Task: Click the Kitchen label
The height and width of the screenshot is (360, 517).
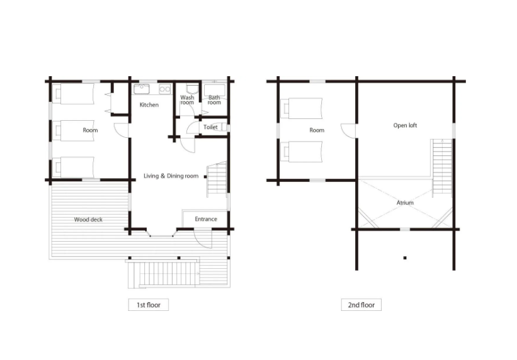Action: pyautogui.click(x=149, y=105)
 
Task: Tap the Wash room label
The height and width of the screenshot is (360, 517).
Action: pyautogui.click(x=187, y=100)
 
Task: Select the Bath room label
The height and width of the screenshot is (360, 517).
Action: pyautogui.click(x=214, y=100)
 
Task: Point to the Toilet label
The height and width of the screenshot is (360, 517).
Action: pyautogui.click(x=210, y=127)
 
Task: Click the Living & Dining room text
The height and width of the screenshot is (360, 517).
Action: pyautogui.click(x=171, y=176)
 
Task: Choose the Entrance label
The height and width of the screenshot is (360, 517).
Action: pyautogui.click(x=206, y=219)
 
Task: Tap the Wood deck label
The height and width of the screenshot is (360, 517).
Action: pyautogui.click(x=88, y=220)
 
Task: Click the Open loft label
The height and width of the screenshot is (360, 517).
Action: pyautogui.click(x=405, y=126)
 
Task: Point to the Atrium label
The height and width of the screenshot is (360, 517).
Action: pyautogui.click(x=405, y=203)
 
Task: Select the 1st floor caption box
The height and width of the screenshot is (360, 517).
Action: pyautogui.click(x=149, y=305)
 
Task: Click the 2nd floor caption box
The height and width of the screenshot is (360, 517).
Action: pyautogui.click(x=361, y=305)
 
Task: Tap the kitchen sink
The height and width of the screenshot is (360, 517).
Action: pyautogui.click(x=142, y=89)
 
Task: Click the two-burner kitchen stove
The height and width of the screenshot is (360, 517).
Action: pyautogui.click(x=164, y=89)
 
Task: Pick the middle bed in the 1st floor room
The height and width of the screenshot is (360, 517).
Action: pyautogui.click(x=73, y=130)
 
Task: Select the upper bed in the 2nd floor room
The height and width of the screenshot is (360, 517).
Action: pyautogui.click(x=302, y=108)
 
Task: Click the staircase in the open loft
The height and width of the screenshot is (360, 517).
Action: pyautogui.click(x=442, y=168)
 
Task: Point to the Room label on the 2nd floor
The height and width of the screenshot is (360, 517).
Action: pyautogui.click(x=317, y=130)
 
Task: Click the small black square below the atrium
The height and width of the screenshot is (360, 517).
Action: pyautogui.click(x=405, y=258)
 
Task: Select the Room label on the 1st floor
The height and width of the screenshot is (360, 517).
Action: pyautogui.click(x=90, y=130)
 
